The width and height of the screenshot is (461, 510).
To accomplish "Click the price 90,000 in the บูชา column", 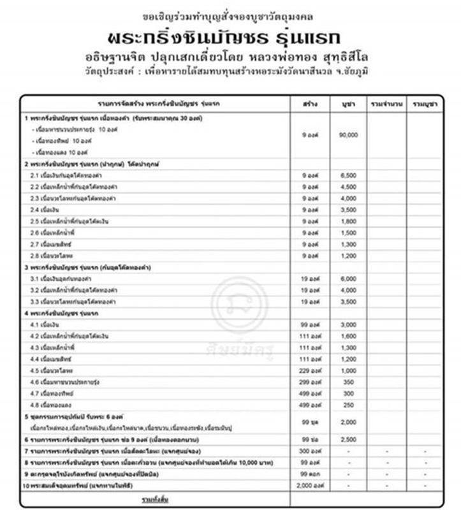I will pyautogui.click(x=348, y=135).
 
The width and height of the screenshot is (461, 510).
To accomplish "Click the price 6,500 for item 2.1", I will pyautogui.click(x=348, y=175).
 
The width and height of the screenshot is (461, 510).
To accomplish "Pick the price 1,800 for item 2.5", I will pyautogui.click(x=348, y=221).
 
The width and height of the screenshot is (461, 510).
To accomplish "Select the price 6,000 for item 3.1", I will pyautogui.click(x=348, y=279).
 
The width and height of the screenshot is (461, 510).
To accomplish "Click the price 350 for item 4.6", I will pyautogui.click(x=348, y=382).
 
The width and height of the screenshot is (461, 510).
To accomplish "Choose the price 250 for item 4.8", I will pyautogui.click(x=348, y=405).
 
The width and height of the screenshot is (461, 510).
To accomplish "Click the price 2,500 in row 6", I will pyautogui.click(x=348, y=440).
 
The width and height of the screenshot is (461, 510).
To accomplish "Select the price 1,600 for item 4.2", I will pyautogui.click(x=348, y=336).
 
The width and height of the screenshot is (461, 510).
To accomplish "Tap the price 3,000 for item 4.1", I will pyautogui.click(x=348, y=324).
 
